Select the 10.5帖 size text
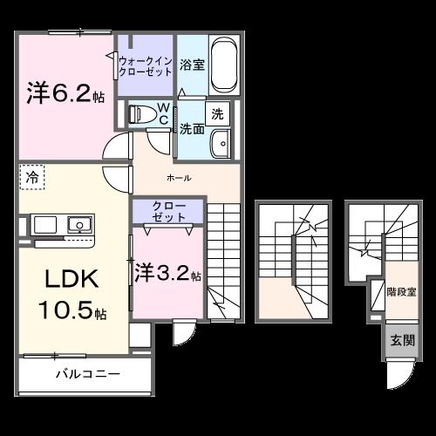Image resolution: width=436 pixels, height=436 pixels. coord(72,311)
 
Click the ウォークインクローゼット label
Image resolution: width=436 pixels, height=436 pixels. coord(145,66)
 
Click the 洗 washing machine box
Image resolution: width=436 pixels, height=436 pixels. coord(216,113)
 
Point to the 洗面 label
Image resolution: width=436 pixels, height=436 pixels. coord(192,128)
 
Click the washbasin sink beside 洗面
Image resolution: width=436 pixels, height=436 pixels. coord(220,142)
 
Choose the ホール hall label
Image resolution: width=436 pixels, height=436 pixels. coord(179,178)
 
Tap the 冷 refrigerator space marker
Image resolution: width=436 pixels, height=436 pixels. coord(31,177)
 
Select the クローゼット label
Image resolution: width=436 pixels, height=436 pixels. coord(167,210)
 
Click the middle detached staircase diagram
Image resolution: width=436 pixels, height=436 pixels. coord(295,262)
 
